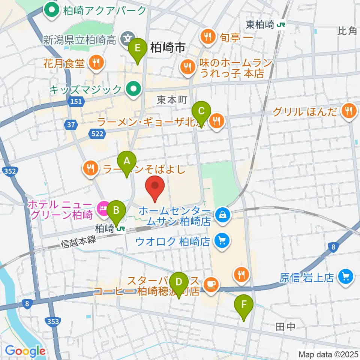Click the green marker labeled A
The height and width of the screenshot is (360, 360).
point(127,162)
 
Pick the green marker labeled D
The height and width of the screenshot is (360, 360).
point(179,282)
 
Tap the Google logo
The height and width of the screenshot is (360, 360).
point(25,351)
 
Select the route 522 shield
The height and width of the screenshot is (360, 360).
point(95,133)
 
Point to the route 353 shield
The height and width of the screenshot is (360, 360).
point(54,321)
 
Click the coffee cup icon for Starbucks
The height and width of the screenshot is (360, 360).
point(211,285)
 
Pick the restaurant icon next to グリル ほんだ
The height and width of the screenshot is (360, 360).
point(348,110)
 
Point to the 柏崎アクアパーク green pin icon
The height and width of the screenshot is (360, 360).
point(51,10)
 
